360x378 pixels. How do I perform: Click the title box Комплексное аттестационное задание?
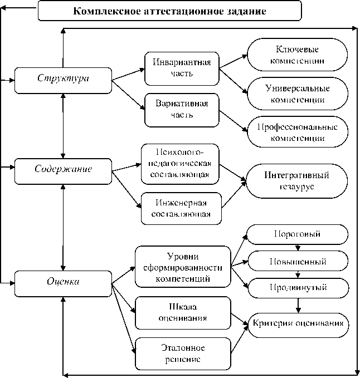pos(170,11)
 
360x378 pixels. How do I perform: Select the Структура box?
pos(63,80)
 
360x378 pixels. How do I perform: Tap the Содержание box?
pos(63,171)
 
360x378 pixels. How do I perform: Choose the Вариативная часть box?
pos(181,109)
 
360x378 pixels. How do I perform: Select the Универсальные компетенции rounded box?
pos(298,94)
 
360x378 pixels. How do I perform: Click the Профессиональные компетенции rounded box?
pos(298,132)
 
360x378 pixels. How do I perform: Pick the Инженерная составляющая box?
pos(181,208)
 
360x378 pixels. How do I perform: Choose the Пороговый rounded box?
pos(298,234)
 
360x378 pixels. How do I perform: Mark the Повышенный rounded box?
pos(298,261)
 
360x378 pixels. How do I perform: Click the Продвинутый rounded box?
pos(298,287)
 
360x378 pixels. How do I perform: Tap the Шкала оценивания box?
pos(183,312)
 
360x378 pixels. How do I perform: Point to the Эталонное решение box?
pos(183,353)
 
